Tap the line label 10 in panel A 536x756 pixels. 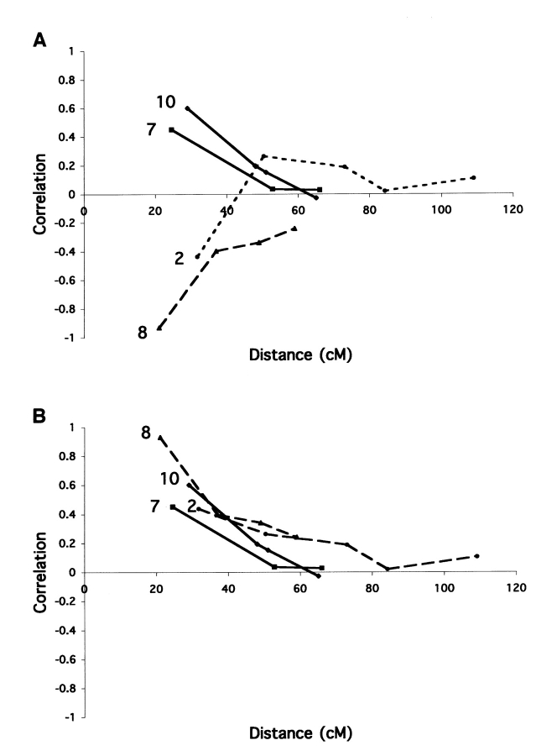(165, 102)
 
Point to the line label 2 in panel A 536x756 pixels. (180, 259)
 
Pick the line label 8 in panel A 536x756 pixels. (143, 333)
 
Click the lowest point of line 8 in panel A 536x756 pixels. (159, 328)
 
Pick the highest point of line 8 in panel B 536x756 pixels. (159, 437)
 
